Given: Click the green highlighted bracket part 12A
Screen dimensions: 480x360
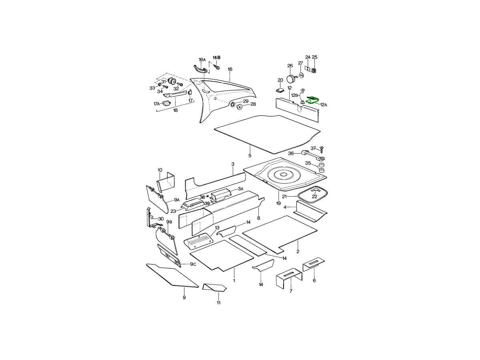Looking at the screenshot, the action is point(312,100).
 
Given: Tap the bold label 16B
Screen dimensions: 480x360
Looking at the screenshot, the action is point(216,58).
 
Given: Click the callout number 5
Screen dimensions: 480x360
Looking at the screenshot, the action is point(250,156).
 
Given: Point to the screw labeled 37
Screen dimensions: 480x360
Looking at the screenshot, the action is point(322,150).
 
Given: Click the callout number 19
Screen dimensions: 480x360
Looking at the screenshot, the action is point(278,203).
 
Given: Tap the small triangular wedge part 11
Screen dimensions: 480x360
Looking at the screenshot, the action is point(214,288).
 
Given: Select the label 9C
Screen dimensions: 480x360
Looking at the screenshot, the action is point(193,264).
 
